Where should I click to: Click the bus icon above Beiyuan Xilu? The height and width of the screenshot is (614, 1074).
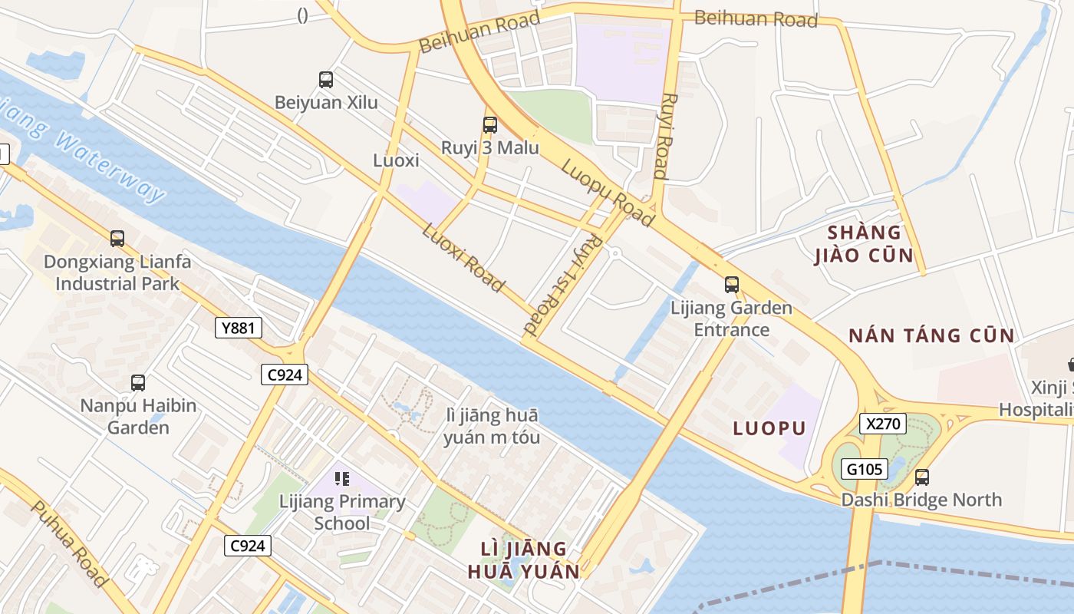(x=326, y=79)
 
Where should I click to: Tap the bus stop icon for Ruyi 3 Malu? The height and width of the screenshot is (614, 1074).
(x=489, y=124)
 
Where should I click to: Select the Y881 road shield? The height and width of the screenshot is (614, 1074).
(x=238, y=328)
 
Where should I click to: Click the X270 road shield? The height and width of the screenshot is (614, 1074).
(x=883, y=424)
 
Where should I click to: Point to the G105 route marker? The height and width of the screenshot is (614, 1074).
(x=865, y=469)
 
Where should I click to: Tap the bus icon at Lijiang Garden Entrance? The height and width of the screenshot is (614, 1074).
(x=732, y=285)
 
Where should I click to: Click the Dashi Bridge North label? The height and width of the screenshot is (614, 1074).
(x=921, y=500)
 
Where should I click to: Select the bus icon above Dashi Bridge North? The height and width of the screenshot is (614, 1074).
(x=922, y=477)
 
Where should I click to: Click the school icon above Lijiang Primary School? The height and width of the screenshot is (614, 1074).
(x=342, y=479)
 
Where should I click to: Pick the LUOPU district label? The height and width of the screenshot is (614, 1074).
(x=769, y=428)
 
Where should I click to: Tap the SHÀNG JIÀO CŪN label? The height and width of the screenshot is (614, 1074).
(x=863, y=244)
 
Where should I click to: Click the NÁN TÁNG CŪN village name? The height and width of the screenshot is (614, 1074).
(x=931, y=335)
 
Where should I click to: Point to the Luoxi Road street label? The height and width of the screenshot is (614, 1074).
(x=463, y=257)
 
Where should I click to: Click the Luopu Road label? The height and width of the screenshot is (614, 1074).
(x=608, y=193)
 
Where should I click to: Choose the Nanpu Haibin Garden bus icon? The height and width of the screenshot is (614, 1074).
(x=138, y=382)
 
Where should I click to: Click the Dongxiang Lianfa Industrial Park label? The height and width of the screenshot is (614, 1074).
(x=117, y=272)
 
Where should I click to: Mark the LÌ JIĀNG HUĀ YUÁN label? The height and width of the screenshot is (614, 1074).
(x=524, y=560)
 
